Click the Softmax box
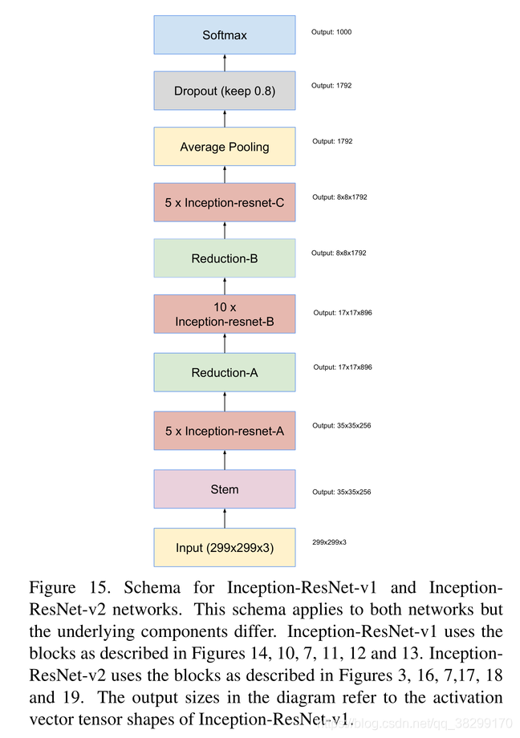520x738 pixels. (x=225, y=35)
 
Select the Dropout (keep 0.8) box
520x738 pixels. (x=225, y=91)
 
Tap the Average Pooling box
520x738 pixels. (x=225, y=147)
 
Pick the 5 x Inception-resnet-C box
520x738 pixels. (x=225, y=203)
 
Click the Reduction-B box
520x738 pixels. (x=225, y=258)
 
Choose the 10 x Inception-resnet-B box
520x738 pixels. (x=225, y=314)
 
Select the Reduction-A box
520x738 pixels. (x=225, y=372)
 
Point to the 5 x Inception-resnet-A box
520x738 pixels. (x=225, y=431)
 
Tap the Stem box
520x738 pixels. (x=225, y=489)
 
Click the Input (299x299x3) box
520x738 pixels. (x=225, y=548)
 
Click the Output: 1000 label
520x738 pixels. (x=331, y=32)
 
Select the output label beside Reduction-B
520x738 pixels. (x=339, y=253)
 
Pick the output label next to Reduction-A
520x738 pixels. (x=342, y=367)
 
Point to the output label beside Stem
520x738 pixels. (x=341, y=492)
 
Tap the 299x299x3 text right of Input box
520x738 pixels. (x=329, y=542)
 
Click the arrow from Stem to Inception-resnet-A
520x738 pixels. (x=225, y=460)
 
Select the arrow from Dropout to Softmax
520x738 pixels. (x=225, y=63)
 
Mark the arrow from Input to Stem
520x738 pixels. (x=225, y=518)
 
